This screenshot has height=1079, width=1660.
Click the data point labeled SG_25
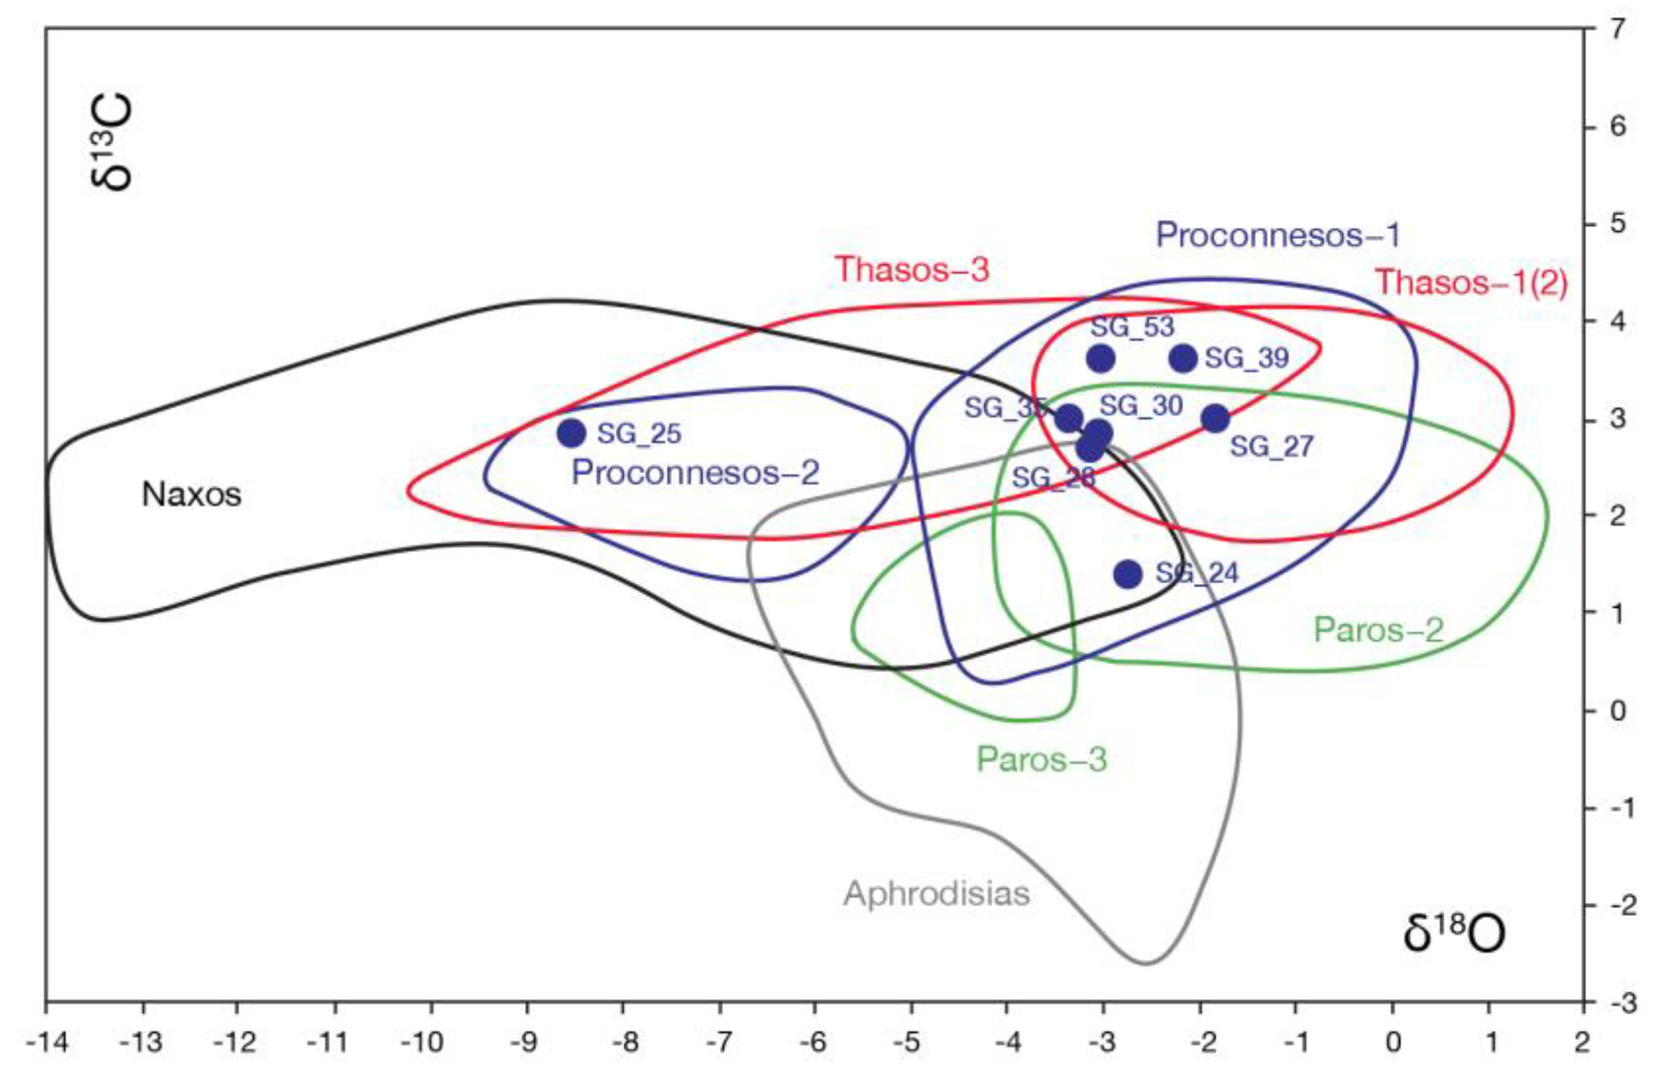pos(571,433)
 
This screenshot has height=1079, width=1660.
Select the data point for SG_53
pos(1100,359)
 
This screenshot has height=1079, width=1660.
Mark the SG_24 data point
pos(1128,574)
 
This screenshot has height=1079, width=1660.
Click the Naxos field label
pos(192,494)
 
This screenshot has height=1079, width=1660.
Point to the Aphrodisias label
pos(936,894)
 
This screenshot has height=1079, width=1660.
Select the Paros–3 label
pos(1041,759)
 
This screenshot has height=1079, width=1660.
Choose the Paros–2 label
pos(1378,631)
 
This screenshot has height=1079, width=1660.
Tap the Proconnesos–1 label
pos(1278,236)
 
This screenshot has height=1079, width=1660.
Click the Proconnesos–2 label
pos(695,473)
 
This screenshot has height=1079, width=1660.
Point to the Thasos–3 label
pos(912,269)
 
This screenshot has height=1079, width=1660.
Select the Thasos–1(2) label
pos(1471,282)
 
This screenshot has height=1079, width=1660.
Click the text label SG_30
pos(1141,406)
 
